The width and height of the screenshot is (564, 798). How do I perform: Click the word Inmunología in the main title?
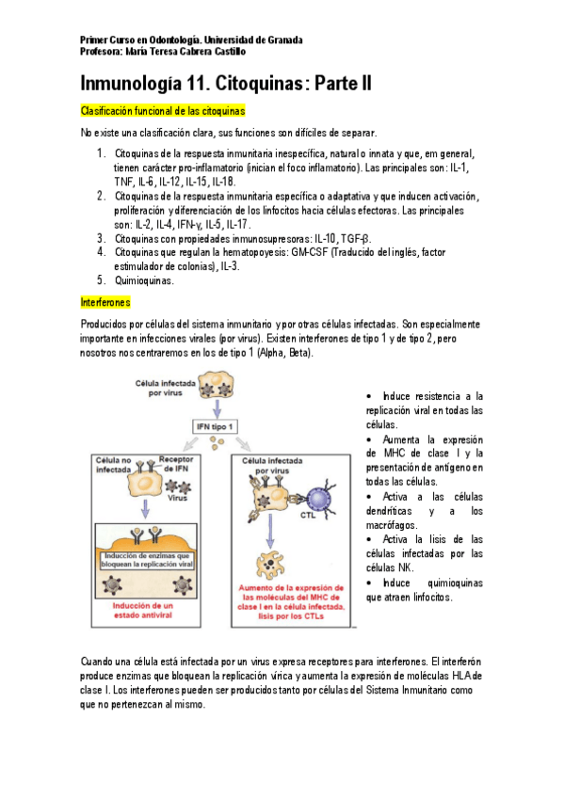(x=131, y=84)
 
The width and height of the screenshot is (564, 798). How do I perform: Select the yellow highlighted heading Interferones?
(x=105, y=303)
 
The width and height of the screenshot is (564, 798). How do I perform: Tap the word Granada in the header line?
(x=285, y=40)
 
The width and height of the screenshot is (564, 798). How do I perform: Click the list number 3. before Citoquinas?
(x=102, y=238)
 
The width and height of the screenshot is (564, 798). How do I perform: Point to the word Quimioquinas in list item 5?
(x=144, y=280)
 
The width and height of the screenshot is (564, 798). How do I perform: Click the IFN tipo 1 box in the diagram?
(x=215, y=427)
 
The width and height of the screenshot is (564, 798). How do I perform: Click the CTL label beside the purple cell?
(x=308, y=515)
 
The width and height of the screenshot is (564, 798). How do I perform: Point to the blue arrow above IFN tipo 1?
(x=218, y=408)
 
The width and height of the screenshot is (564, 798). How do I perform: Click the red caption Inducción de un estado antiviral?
(x=143, y=610)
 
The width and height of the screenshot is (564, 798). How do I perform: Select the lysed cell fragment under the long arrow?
(x=270, y=565)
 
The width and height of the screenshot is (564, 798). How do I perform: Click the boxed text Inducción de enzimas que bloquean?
(x=147, y=560)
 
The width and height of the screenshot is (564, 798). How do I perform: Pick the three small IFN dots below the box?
(x=217, y=444)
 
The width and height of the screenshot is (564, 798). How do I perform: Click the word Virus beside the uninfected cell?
(x=178, y=498)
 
